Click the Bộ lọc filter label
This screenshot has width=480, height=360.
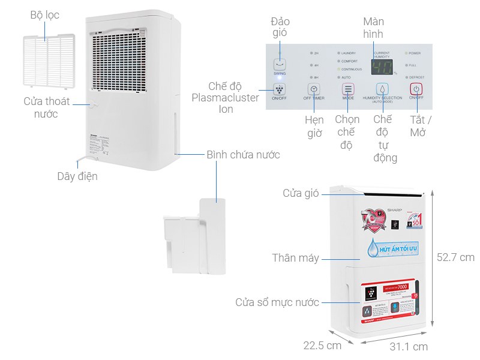(45, 15)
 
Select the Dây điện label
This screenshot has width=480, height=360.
(77, 176)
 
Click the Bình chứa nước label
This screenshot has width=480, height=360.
(243, 155)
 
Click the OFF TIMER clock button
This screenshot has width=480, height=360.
(314, 88)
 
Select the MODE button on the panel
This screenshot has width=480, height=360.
(348, 88)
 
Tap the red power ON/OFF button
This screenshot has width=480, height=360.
(416, 88)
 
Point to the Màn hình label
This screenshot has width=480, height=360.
(373, 28)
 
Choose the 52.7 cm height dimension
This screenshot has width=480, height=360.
(455, 257)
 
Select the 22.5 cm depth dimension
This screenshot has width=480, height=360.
(322, 345)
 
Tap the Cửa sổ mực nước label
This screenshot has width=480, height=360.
(277, 302)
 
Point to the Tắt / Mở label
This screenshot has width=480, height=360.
(421, 126)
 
